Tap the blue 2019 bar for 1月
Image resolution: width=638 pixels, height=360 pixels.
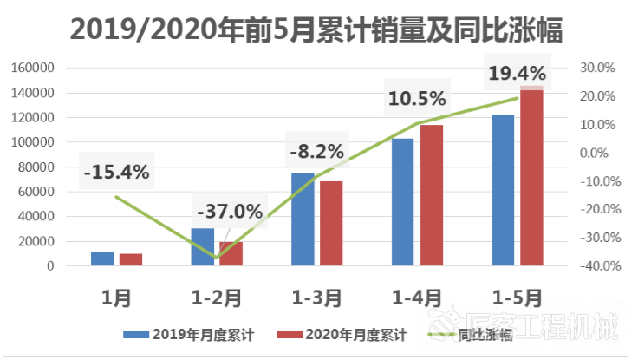102,259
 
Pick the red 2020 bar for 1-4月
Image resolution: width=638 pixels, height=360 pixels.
432,195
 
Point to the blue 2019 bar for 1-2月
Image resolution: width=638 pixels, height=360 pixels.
202,247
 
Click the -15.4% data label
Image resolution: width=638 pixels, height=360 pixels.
116,172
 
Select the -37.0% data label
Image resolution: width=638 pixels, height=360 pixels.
229,212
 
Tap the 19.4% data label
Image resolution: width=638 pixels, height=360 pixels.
517,73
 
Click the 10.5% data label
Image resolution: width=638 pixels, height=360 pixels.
416,99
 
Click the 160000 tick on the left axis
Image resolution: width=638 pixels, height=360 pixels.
36,68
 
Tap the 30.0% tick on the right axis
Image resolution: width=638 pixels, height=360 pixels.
596,68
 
